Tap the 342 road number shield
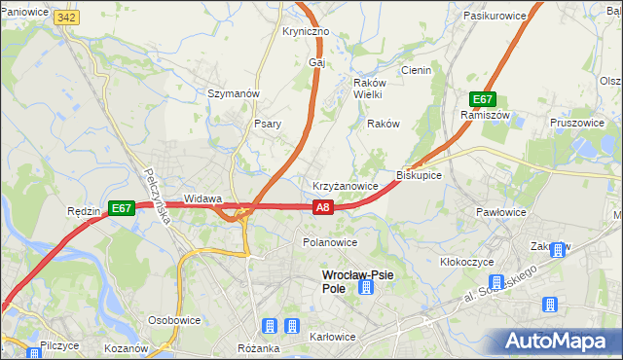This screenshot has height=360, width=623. pyautogui.click(x=67, y=18)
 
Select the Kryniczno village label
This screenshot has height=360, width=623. pyautogui.click(x=306, y=31)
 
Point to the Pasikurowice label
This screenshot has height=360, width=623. pyautogui.click(x=495, y=17)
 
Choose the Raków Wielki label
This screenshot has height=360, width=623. pyautogui.click(x=368, y=89)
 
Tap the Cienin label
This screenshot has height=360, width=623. pyautogui.click(x=416, y=70)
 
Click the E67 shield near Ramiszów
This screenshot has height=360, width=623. pyautogui.click(x=484, y=99)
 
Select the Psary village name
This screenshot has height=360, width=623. pyautogui.click(x=268, y=124)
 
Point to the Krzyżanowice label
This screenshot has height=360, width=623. pyautogui.click(x=345, y=185)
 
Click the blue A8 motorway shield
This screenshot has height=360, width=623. pyautogui.click(x=324, y=206)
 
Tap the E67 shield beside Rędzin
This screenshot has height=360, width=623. pyautogui.click(x=121, y=207)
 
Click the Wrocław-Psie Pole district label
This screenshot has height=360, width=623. pyautogui.click(x=357, y=281)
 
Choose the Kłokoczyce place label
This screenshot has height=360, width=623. pyautogui.click(x=467, y=262)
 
